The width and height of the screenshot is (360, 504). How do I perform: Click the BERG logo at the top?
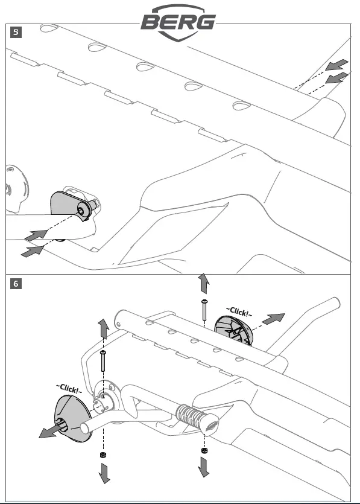pyautogui.click(x=178, y=22)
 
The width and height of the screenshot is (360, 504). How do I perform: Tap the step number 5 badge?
pyautogui.click(x=16, y=33)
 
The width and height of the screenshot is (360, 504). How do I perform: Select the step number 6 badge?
pyautogui.click(x=16, y=284)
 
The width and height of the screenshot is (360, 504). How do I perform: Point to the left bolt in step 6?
pyautogui.click(x=103, y=361)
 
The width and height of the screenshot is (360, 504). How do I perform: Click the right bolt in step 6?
pyautogui.click(x=204, y=310)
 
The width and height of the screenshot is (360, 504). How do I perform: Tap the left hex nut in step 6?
pyautogui.click(x=103, y=455)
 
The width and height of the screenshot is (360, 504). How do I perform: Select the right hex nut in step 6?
pyautogui.click(x=204, y=450)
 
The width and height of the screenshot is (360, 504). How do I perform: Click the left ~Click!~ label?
pyautogui.click(x=69, y=388)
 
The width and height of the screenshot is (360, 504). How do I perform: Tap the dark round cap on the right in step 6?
pyautogui.click(x=234, y=330)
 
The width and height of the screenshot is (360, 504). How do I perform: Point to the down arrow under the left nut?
pyautogui.click(x=104, y=473)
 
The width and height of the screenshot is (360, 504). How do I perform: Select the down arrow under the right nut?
pyautogui.click(x=204, y=467)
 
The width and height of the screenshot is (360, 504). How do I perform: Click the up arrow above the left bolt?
pyautogui.click(x=104, y=329)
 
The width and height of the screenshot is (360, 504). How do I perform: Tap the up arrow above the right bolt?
pyautogui.click(x=204, y=284)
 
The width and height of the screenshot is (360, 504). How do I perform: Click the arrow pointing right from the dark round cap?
pyautogui.click(x=273, y=319)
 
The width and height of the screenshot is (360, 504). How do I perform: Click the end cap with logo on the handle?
pyautogui.click(x=210, y=426)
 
